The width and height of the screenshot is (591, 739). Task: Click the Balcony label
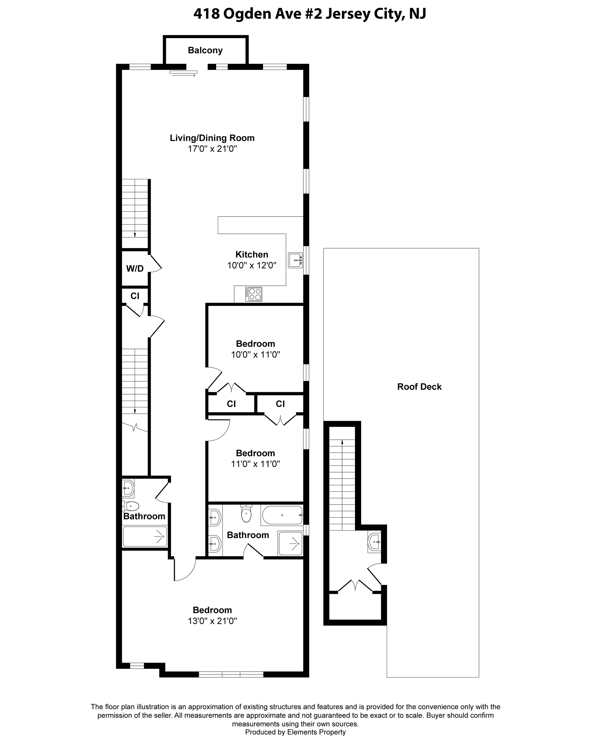click(x=205, y=50)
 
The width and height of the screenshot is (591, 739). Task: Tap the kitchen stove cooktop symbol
click(x=254, y=294)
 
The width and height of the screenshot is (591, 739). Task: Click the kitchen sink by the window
click(x=295, y=260)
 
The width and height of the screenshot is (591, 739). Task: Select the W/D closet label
click(x=135, y=269)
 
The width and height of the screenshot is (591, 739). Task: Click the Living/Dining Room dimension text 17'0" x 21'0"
click(x=212, y=149)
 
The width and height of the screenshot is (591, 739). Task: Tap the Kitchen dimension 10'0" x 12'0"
click(x=252, y=265)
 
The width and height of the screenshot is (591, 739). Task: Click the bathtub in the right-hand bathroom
click(x=282, y=515)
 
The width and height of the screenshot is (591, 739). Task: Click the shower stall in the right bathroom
click(x=291, y=543)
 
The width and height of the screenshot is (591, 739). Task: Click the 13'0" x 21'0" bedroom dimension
click(x=212, y=621)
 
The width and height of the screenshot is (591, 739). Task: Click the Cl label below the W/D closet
click(x=135, y=296)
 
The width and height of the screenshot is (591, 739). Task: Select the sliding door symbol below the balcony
click(x=184, y=73)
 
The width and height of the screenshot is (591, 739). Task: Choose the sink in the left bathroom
click(x=128, y=488)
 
